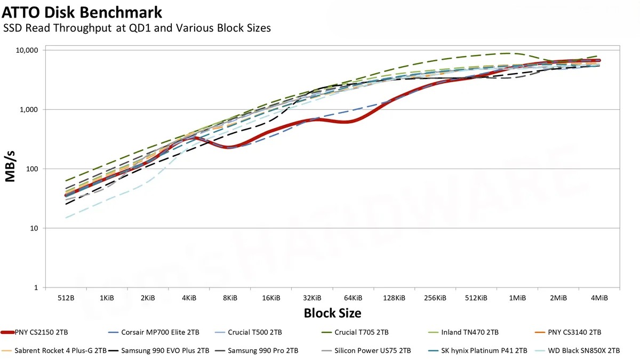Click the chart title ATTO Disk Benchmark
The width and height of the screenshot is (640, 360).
tap(82, 11)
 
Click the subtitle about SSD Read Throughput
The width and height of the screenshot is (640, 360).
tap(137, 28)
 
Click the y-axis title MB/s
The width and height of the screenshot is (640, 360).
tap(11, 169)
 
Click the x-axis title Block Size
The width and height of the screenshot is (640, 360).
tap(332, 313)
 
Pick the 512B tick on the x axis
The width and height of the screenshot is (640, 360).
tap(66, 298)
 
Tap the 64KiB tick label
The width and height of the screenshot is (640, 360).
tap(353, 298)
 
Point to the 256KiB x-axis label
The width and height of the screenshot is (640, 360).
tap(435, 298)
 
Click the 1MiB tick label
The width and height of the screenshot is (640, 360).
tap(517, 298)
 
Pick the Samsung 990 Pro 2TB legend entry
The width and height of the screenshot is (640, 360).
tap(263, 350)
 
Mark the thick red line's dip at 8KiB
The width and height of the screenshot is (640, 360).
tap(229, 147)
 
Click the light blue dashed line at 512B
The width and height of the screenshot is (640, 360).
tap(66, 218)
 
